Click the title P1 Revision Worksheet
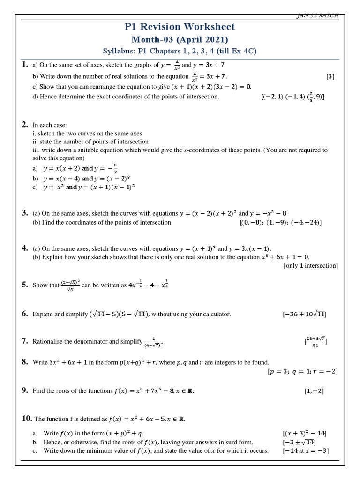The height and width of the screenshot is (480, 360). [180, 27]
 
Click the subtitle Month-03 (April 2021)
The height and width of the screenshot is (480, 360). [180, 39]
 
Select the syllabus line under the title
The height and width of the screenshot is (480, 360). [180, 51]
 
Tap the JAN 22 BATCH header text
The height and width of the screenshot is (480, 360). [317, 16]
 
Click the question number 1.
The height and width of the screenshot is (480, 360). [25, 65]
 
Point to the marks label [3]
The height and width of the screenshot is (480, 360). [330, 76]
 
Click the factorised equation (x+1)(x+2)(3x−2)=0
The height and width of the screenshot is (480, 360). [212, 87]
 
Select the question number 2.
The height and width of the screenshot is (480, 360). [25, 125]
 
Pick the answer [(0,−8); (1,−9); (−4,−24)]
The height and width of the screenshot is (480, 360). [280, 223]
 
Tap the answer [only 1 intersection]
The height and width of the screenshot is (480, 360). [310, 266]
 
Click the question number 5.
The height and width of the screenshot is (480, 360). [25, 285]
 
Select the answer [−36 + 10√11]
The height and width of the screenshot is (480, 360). [304, 315]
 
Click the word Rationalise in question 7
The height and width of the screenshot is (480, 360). [49, 342]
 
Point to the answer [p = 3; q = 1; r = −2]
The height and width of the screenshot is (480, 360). [302, 372]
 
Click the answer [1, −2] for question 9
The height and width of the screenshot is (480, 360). [314, 391]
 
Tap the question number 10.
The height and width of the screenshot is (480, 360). [27, 418]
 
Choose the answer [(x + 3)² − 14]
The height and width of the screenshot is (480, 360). [304, 434]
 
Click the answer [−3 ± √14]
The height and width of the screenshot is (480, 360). [299, 442]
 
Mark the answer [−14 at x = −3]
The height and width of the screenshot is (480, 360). [305, 451]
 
